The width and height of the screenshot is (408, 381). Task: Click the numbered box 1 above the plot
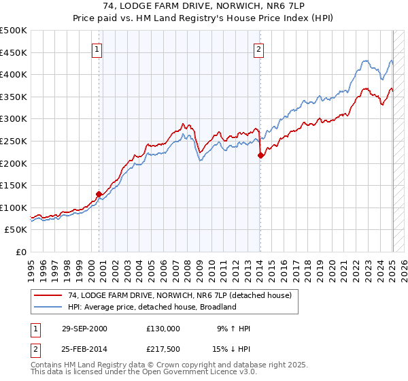[x=97, y=49]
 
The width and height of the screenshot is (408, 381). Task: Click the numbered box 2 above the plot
[x=259, y=49]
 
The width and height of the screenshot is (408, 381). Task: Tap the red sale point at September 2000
[x=99, y=194]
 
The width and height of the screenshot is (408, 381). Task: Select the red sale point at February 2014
[x=260, y=155]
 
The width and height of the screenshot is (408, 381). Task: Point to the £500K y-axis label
[x=14, y=31]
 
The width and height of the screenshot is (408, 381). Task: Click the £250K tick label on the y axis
[x=14, y=141]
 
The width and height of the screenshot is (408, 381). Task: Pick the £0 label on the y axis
[x=21, y=252]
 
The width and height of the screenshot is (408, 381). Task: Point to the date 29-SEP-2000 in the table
[x=84, y=329]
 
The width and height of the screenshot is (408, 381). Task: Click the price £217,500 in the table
[x=163, y=349]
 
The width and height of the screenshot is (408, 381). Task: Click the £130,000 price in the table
[x=163, y=329]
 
